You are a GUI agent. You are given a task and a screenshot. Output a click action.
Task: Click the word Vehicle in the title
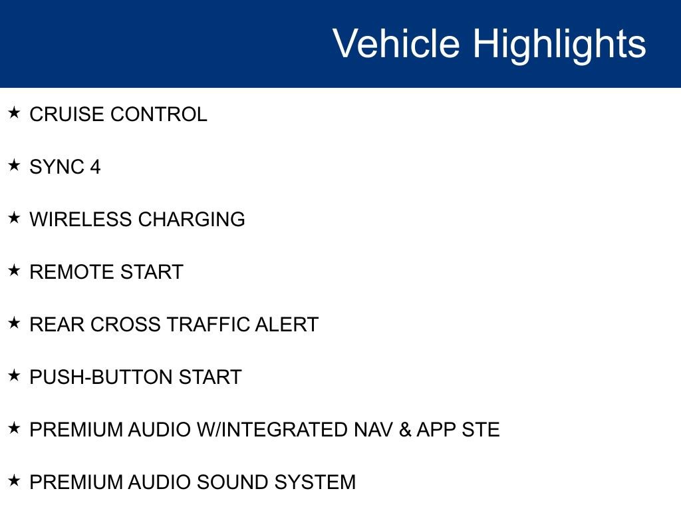click(x=396, y=43)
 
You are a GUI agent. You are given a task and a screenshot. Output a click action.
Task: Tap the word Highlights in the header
click(x=559, y=45)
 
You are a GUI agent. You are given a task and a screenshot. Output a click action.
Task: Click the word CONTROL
click(x=159, y=114)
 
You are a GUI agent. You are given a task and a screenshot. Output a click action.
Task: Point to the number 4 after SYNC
click(x=96, y=167)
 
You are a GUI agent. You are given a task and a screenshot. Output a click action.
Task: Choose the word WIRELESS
click(x=80, y=220)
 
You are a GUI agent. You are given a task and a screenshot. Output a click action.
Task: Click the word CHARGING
click(x=192, y=220)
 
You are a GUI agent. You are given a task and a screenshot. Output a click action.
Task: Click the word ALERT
click(x=287, y=325)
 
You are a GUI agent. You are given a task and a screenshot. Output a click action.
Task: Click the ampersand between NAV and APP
click(x=405, y=430)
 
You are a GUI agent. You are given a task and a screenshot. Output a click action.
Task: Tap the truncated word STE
click(x=481, y=430)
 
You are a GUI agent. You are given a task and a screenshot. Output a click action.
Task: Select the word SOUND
click(x=231, y=482)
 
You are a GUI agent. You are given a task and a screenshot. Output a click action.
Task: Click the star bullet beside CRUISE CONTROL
click(x=14, y=112)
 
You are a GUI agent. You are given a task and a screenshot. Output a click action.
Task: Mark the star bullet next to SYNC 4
click(x=14, y=165)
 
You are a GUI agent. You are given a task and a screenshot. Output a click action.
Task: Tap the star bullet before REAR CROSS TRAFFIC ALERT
click(x=14, y=323)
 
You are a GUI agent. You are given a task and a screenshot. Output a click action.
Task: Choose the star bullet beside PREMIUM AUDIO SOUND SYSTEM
click(x=14, y=480)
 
